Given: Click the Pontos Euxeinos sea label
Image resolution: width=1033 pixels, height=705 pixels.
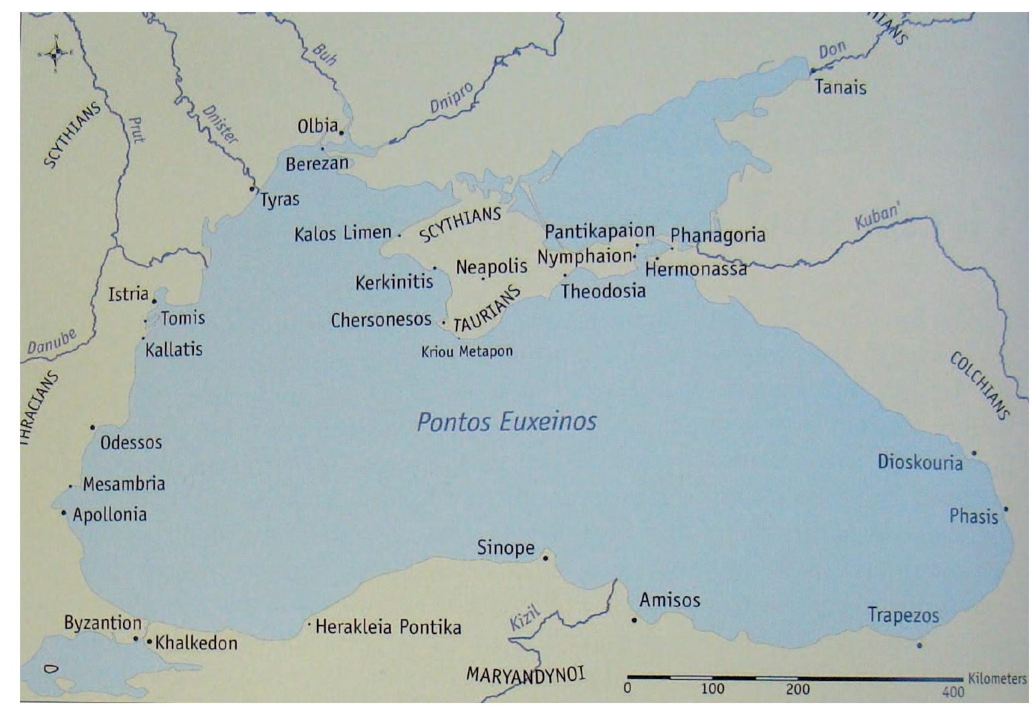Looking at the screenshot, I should click(506, 422).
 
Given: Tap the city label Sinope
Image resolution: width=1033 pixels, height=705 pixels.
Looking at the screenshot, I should click(505, 548).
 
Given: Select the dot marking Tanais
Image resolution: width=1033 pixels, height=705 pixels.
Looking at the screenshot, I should click(812, 71).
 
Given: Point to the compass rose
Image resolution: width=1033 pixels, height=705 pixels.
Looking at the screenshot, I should click(56, 51).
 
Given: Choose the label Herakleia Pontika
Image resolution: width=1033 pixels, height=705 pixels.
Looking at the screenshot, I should click(388, 627).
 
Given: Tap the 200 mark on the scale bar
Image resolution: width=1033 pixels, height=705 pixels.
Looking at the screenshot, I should click(797, 689).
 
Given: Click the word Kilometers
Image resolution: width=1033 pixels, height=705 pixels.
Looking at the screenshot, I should click(996, 679).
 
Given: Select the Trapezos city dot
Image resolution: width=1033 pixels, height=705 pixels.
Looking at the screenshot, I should click(919, 645).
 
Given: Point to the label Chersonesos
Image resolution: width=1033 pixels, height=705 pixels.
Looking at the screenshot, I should click(381, 320).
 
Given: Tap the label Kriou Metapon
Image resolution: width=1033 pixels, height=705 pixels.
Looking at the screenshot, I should click(467, 351).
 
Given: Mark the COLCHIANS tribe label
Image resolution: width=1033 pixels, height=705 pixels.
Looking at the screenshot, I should click(980, 386).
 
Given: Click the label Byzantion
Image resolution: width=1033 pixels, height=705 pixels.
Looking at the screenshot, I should click(102, 623).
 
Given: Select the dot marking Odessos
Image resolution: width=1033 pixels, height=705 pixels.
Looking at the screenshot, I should click(93, 427).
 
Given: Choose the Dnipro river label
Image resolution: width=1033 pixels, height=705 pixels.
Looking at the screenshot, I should click(451, 98).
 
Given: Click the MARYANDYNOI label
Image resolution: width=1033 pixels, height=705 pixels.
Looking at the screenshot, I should click(526, 674).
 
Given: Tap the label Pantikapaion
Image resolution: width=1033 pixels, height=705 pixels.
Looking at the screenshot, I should click(599, 231).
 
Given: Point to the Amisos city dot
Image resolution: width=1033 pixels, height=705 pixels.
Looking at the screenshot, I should click(634, 620).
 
